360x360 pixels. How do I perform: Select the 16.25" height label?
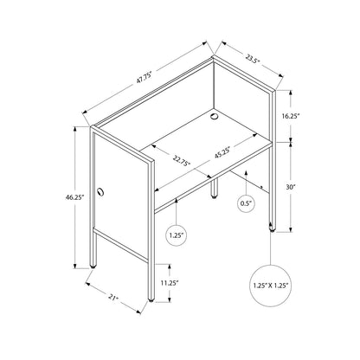[291, 116]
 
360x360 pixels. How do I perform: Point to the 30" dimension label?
[291, 187]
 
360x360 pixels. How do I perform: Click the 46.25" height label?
[74, 197]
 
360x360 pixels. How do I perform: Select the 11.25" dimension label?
[170, 283]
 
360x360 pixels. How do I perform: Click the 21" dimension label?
[113, 298]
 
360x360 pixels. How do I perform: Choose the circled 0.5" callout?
[246, 203]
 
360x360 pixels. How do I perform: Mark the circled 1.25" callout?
[177, 235]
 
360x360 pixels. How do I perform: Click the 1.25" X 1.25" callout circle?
[271, 286]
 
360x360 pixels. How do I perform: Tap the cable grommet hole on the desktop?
[214, 116]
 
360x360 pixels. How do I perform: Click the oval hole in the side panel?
[100, 192]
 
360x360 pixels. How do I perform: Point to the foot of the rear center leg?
[214, 197]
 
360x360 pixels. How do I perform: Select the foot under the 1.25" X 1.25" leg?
[272, 230]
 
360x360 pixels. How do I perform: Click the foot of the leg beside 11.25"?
[151, 300]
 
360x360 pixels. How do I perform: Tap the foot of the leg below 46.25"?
[93, 267]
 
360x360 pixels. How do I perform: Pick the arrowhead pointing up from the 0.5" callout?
[246, 173]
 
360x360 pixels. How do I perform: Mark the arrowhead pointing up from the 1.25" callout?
[177, 200]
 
